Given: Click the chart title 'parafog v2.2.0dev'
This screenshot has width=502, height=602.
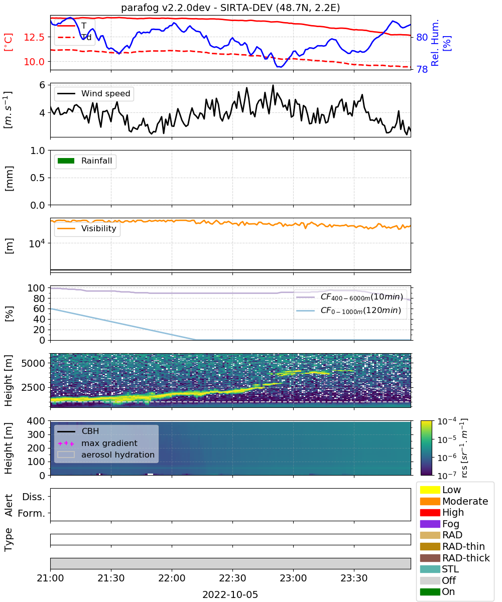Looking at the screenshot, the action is (166, 8).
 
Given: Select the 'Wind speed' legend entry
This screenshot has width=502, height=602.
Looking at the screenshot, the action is (94, 93).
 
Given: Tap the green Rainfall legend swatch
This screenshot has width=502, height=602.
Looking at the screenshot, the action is (66, 161).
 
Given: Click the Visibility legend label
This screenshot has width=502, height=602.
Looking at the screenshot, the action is (99, 228).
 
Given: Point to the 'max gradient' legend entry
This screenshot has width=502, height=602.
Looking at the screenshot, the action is (97, 443).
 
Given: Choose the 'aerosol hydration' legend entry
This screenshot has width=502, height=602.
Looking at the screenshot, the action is (106, 455).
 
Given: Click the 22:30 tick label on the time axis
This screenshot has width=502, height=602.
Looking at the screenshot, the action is (232, 578).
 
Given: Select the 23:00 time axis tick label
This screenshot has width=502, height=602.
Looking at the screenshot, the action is (293, 578).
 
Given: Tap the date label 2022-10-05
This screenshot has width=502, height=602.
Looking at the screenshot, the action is (230, 594).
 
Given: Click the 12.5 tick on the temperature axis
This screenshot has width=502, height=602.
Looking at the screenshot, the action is (34, 37).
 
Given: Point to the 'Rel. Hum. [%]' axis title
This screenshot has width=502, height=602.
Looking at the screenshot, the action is (441, 43).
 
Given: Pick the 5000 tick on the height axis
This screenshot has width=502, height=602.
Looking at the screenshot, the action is (33, 363).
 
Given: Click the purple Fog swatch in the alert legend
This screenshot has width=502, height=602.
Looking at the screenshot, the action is (430, 524).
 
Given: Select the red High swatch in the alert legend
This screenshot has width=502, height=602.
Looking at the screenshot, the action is (430, 512).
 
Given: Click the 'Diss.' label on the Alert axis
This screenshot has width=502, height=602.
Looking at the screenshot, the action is (34, 497).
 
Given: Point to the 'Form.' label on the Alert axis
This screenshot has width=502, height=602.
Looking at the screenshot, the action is (32, 513).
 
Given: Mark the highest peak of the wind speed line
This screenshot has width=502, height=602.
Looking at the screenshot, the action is (273, 85).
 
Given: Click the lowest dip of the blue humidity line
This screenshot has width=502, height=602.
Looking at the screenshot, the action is (279, 67).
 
